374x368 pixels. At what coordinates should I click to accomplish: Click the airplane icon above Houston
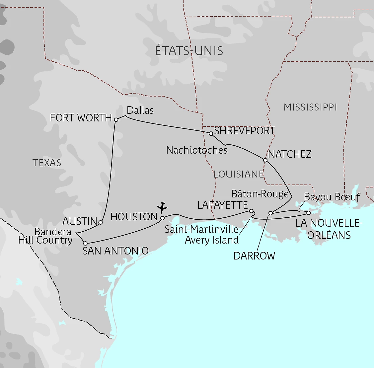(162, 207)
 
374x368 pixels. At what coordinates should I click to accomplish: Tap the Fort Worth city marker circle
(116, 119)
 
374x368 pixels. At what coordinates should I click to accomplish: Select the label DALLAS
(140, 110)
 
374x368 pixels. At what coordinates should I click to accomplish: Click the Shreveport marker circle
(211, 134)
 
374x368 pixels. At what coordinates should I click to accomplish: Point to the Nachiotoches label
(197, 150)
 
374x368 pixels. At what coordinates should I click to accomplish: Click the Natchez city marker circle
(265, 160)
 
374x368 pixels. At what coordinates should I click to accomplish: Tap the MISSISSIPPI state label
(310, 107)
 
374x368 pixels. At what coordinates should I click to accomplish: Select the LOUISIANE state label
(239, 174)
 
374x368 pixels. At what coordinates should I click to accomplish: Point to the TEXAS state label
(47, 163)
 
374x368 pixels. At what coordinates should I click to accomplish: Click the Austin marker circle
(101, 222)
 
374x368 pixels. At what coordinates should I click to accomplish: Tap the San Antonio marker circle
(85, 243)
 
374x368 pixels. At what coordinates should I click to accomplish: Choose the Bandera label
(53, 232)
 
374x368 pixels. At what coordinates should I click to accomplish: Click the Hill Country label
(45, 240)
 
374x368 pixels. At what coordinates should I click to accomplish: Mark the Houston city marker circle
(163, 218)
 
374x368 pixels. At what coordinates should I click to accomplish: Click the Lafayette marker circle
(251, 211)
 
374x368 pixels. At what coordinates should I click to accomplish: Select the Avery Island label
(212, 240)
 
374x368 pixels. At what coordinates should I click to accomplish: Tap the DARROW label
(254, 256)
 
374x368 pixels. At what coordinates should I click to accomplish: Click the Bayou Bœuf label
(332, 197)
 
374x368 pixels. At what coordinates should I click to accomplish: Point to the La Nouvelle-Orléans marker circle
(308, 213)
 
